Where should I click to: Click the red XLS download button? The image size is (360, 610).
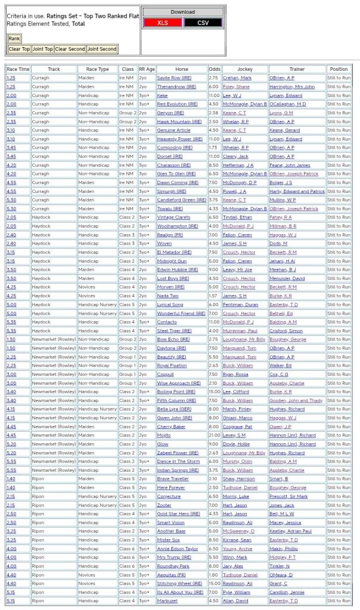pos(162,23)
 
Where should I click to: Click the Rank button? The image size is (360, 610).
pos(14,38)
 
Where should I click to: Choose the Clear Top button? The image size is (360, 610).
pos(19,49)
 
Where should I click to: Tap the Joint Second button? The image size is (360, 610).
pos(102,49)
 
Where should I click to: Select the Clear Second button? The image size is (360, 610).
pos(70,49)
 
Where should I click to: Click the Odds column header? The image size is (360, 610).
pos(215,69)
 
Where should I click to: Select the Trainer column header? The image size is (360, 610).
pos(297,69)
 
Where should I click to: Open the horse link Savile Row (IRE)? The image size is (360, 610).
pos(172,78)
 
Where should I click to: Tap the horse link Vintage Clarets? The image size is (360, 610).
pos(173,217)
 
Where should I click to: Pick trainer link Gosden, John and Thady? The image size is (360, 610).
pos(297,400)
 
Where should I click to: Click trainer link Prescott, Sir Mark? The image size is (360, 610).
pos(288,496)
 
